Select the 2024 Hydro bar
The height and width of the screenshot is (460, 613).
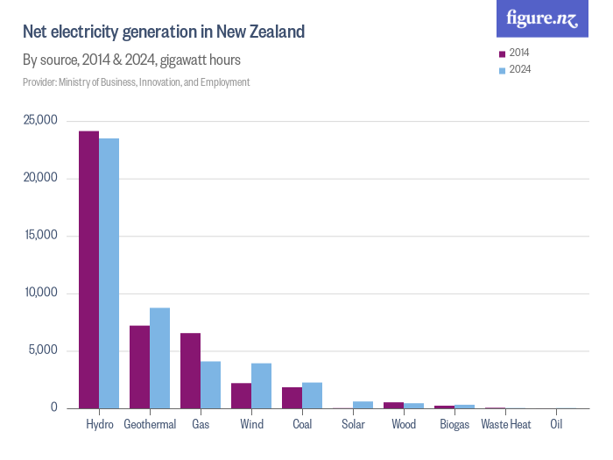coord(109,273)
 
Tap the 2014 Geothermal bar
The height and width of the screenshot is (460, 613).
coord(139,367)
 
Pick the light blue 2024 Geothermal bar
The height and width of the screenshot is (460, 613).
coord(159,358)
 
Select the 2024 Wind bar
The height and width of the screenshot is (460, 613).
coord(261,386)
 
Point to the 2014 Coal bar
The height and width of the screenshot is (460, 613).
coord(292,398)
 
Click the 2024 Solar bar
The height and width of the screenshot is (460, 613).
coord(363,405)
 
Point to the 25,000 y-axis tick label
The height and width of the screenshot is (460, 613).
coord(40,121)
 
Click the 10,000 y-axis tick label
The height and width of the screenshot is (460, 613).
coord(40,294)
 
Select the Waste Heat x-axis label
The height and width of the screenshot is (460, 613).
coord(506,425)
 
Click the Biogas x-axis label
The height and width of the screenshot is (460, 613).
coord(454,425)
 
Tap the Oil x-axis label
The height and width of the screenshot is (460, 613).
coord(556,425)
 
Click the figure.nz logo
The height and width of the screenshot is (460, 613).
coord(542,18)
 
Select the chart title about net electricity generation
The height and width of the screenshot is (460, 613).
coord(164,32)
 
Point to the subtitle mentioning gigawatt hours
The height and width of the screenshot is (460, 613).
coord(131,60)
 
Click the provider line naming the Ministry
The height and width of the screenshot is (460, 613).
coord(137,82)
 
